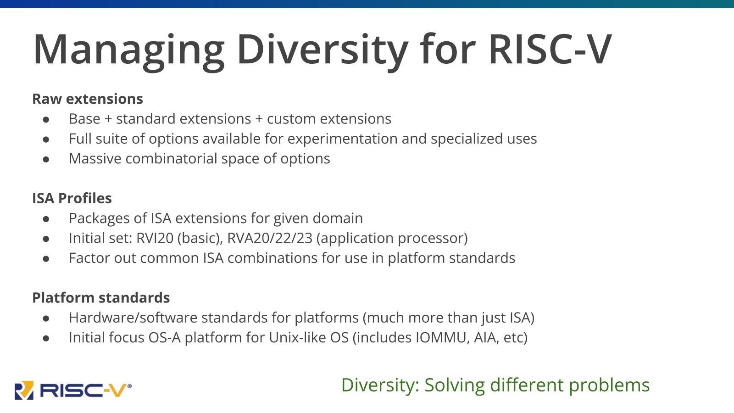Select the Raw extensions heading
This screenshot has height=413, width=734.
pos(88,99)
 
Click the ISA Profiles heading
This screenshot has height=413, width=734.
pos(72,198)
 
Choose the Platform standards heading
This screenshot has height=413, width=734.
pos(101,298)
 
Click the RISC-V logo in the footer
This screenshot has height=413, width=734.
pos(73,390)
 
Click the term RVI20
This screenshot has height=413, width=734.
pos(155,238)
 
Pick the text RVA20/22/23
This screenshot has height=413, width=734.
pos(270,238)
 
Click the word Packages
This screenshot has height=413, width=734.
pos(99,218)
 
